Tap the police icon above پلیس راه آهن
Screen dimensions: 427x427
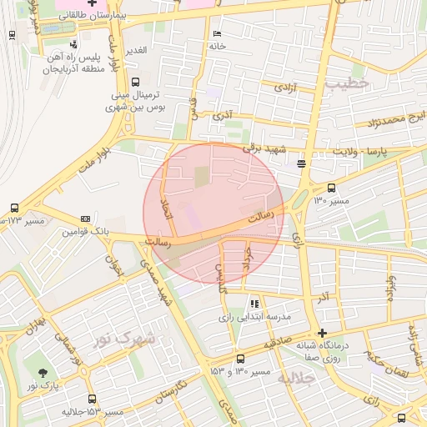pos(74,43)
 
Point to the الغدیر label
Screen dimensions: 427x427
pos(135,50)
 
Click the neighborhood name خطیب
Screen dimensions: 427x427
pos(348,83)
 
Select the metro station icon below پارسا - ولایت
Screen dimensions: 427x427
pos(301,163)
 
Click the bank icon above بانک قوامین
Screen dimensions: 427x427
pos(84,219)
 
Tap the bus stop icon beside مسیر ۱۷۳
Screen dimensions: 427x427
pos(14,208)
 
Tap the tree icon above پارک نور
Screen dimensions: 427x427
pos(43,372)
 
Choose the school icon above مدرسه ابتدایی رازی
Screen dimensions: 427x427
pos(254,304)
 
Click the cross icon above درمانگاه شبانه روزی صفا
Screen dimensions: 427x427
pos(323,333)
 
